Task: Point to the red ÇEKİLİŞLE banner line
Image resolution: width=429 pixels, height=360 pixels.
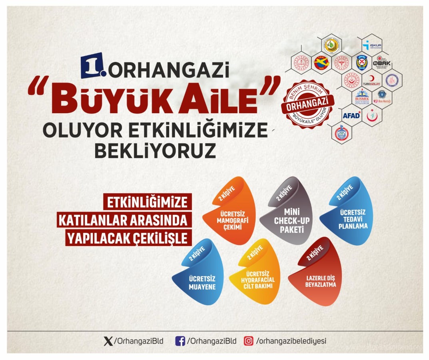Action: click(128, 238)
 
